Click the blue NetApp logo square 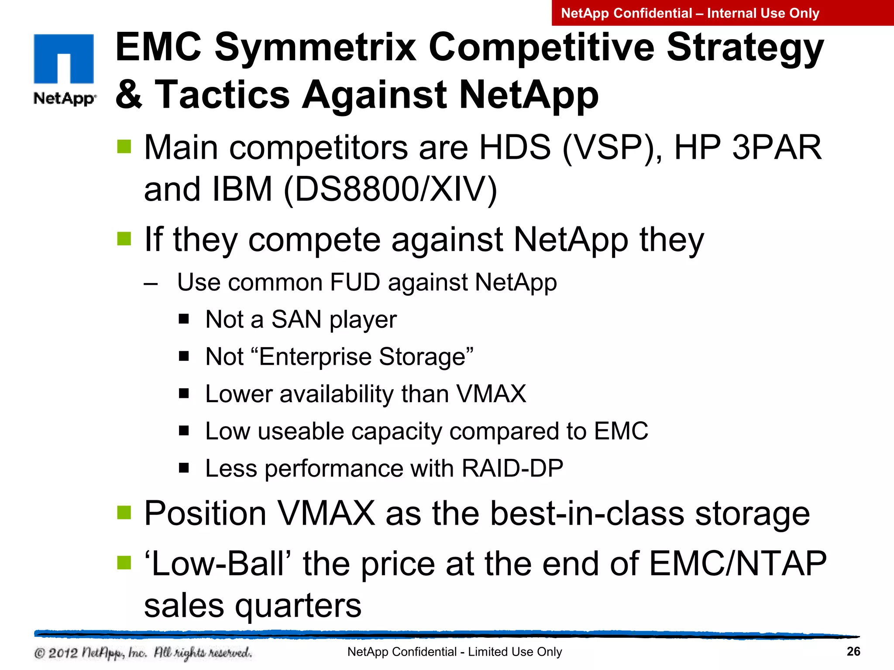point(64,58)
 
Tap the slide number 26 point(853,651)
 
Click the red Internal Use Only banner point(722,13)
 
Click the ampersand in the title point(129,95)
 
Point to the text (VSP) point(612,147)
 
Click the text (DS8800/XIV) point(390,189)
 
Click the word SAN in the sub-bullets point(296,319)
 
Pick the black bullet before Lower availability point(184,394)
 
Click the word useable point(301,431)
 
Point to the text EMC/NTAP point(738,564)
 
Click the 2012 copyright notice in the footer point(143,653)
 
